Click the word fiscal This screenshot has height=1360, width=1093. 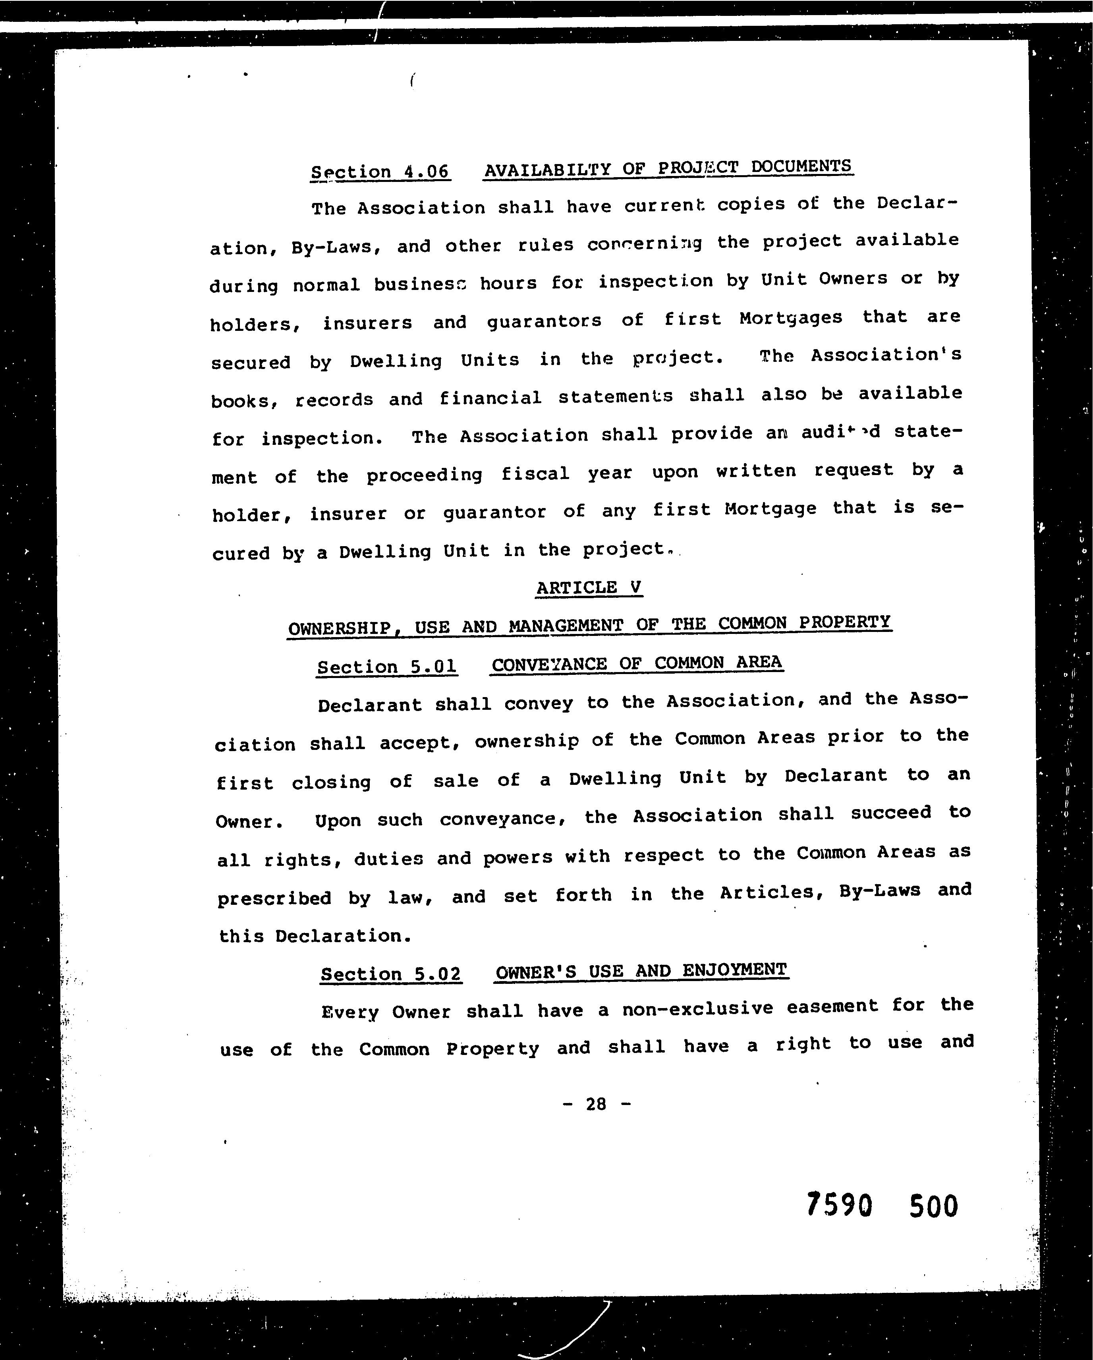535,473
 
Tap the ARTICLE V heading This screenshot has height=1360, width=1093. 589,587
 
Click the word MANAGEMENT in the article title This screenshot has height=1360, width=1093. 565,626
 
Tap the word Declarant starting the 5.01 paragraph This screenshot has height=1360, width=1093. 370,705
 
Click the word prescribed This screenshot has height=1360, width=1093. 274,898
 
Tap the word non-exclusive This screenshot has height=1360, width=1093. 697,1008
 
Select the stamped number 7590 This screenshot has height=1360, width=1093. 839,1205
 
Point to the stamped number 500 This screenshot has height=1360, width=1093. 933,1206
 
